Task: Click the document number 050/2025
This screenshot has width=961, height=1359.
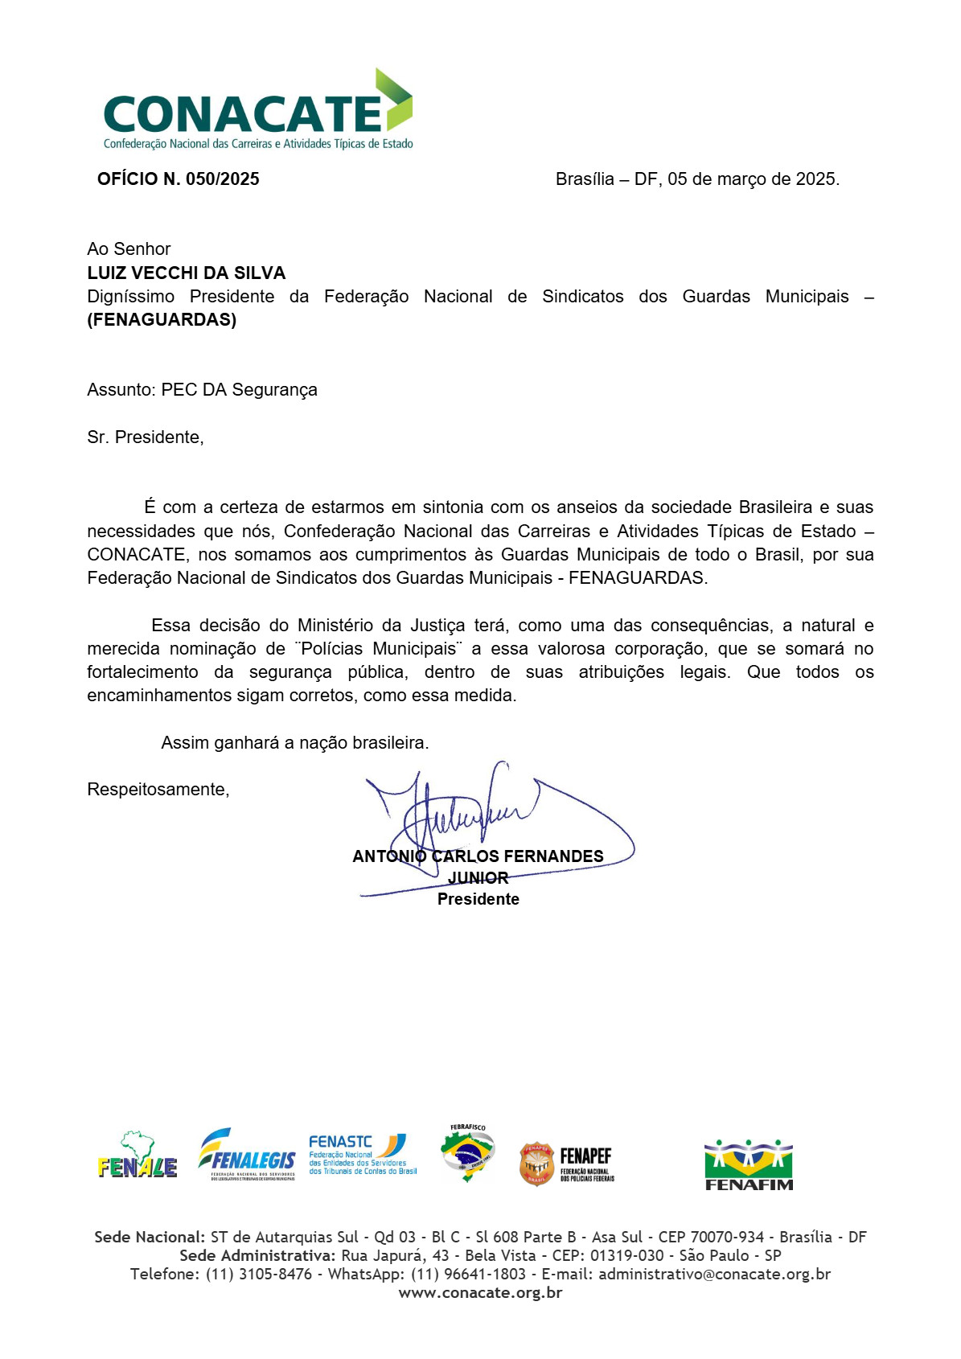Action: [x=223, y=179]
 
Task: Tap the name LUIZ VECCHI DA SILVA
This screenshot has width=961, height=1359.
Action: [x=187, y=273]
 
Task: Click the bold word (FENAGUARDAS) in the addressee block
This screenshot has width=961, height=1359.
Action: [x=162, y=320]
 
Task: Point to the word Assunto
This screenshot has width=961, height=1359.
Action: [x=121, y=390]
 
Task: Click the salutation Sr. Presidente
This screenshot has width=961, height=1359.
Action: [x=145, y=437]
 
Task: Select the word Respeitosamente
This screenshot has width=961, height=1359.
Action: [x=158, y=790]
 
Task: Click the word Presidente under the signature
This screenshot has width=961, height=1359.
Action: [x=478, y=899]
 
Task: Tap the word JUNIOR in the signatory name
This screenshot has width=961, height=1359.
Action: [x=478, y=877]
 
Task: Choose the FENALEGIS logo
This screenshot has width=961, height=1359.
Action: [x=248, y=1155]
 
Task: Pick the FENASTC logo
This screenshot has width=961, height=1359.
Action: [x=363, y=1155]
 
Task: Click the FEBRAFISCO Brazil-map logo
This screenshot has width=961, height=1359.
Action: [x=468, y=1154]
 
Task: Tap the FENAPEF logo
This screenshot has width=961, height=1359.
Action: [x=567, y=1164]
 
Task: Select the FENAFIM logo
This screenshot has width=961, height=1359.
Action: [x=749, y=1164]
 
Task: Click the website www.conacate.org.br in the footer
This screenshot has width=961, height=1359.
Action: [x=480, y=1293]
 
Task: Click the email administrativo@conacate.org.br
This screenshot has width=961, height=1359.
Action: [x=714, y=1275]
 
